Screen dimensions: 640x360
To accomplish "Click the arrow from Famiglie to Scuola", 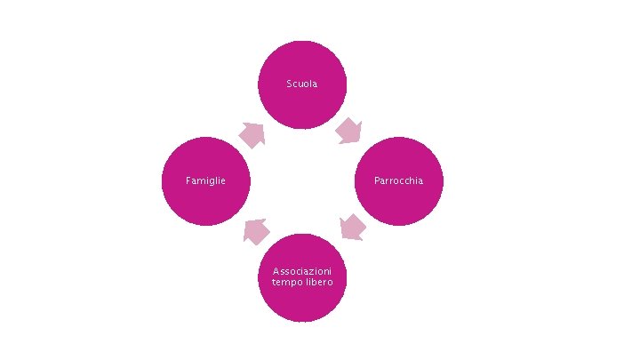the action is (252, 135).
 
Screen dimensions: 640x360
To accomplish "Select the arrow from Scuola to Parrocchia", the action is (348, 132).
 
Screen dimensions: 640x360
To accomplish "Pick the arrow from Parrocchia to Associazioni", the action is (353, 227).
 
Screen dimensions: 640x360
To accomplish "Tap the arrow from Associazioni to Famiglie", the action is (256, 231).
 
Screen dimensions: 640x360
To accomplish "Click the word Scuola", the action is (302, 84).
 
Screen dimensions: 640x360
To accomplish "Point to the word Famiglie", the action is (205, 181).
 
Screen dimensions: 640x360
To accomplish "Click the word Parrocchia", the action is (399, 181).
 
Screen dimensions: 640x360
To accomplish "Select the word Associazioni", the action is (302, 270).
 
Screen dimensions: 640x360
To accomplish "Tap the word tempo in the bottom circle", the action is (287, 282).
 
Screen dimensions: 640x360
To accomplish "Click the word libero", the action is (319, 282).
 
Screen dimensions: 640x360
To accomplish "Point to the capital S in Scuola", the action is (289, 84).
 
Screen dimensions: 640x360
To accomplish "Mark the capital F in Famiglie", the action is (188, 181).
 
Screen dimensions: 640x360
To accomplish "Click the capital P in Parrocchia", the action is (377, 181).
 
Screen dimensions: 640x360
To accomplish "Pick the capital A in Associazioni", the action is (276, 270).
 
